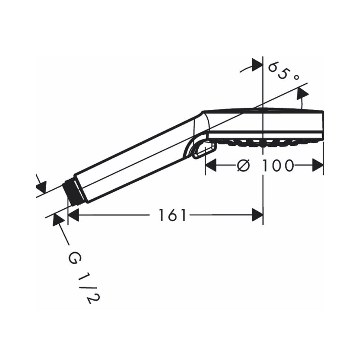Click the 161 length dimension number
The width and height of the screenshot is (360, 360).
(x=174, y=216)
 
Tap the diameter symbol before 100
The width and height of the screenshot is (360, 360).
(x=244, y=166)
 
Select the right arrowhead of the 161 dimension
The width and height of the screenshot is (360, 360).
(x=257, y=216)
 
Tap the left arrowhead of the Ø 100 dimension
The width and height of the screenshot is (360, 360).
(x=211, y=166)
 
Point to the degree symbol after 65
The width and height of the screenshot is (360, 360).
(x=296, y=77)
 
